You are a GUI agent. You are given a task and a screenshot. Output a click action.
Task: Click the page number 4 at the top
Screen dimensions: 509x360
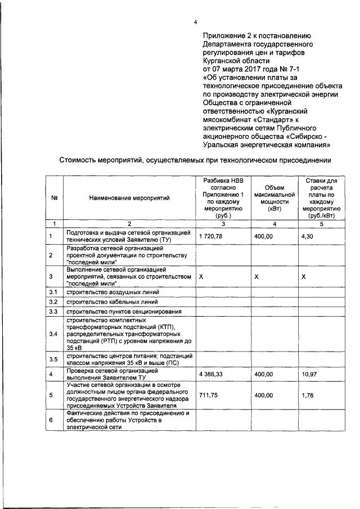coord(195,22)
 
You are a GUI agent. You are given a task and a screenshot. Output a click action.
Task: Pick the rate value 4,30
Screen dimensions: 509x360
coord(307,237)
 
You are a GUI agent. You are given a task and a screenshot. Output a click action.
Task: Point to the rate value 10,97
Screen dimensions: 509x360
coord(309,373)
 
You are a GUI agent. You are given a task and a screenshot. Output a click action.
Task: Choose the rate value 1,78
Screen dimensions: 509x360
coord(307,395)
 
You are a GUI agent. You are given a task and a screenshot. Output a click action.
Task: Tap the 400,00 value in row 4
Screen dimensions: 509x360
coord(263,373)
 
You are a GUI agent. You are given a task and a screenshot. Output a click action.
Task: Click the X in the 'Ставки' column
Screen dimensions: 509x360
coord(304,277)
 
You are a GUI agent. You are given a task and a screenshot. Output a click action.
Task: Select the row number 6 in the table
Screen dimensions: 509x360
coord(51,420)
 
